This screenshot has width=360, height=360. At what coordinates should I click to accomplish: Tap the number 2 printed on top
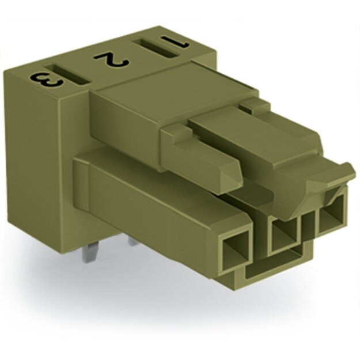tap(112, 60)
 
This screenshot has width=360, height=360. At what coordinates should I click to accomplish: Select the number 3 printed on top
tap(47, 81)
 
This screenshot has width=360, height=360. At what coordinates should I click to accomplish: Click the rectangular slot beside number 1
tap(156, 48)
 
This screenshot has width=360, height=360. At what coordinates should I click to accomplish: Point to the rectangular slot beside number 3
tap(67, 74)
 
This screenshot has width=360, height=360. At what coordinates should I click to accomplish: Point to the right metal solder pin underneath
tap(135, 241)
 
